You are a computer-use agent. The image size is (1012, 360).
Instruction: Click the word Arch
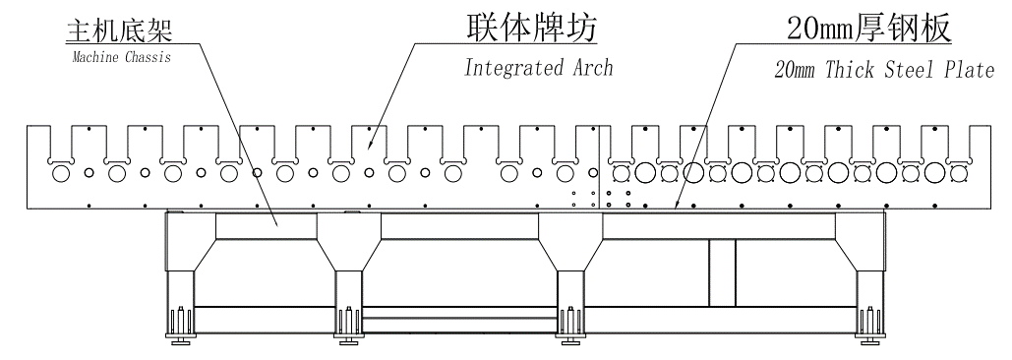click(x=591, y=68)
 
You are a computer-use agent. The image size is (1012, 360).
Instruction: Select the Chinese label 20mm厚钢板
click(x=868, y=30)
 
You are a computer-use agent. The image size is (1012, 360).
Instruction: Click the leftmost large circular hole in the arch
click(x=61, y=174)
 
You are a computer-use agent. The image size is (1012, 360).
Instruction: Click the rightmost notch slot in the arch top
click(x=934, y=143)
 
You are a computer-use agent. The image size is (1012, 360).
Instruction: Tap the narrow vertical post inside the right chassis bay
click(x=721, y=271)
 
